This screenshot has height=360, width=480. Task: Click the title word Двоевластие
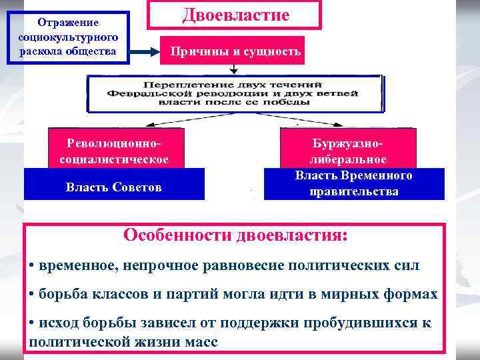tap(235, 15)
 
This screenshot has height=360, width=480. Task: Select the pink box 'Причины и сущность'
tap(232, 51)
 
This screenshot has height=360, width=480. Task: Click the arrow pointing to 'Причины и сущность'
tap(143, 51)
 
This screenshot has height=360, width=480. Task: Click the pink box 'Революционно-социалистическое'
tap(113, 151)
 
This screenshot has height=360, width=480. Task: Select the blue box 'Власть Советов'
tap(113, 187)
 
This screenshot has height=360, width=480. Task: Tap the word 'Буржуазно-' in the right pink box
tap(348, 143)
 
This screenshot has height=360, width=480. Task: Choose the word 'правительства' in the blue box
tap(354, 191)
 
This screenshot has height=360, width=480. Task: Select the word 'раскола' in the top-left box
tap(39, 51)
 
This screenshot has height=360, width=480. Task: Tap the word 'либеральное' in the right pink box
tap(348, 159)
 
